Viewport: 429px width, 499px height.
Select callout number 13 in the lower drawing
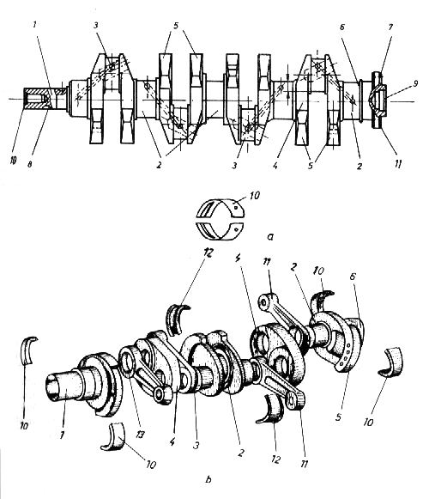[137, 417]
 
